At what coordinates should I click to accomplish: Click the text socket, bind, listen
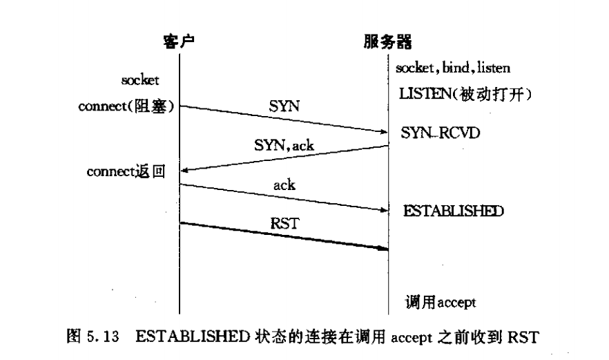(x=453, y=68)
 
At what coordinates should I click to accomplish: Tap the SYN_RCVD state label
(x=436, y=131)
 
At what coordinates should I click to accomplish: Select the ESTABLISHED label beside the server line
(x=453, y=210)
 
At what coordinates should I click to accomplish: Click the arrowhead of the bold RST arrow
(x=383, y=249)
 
